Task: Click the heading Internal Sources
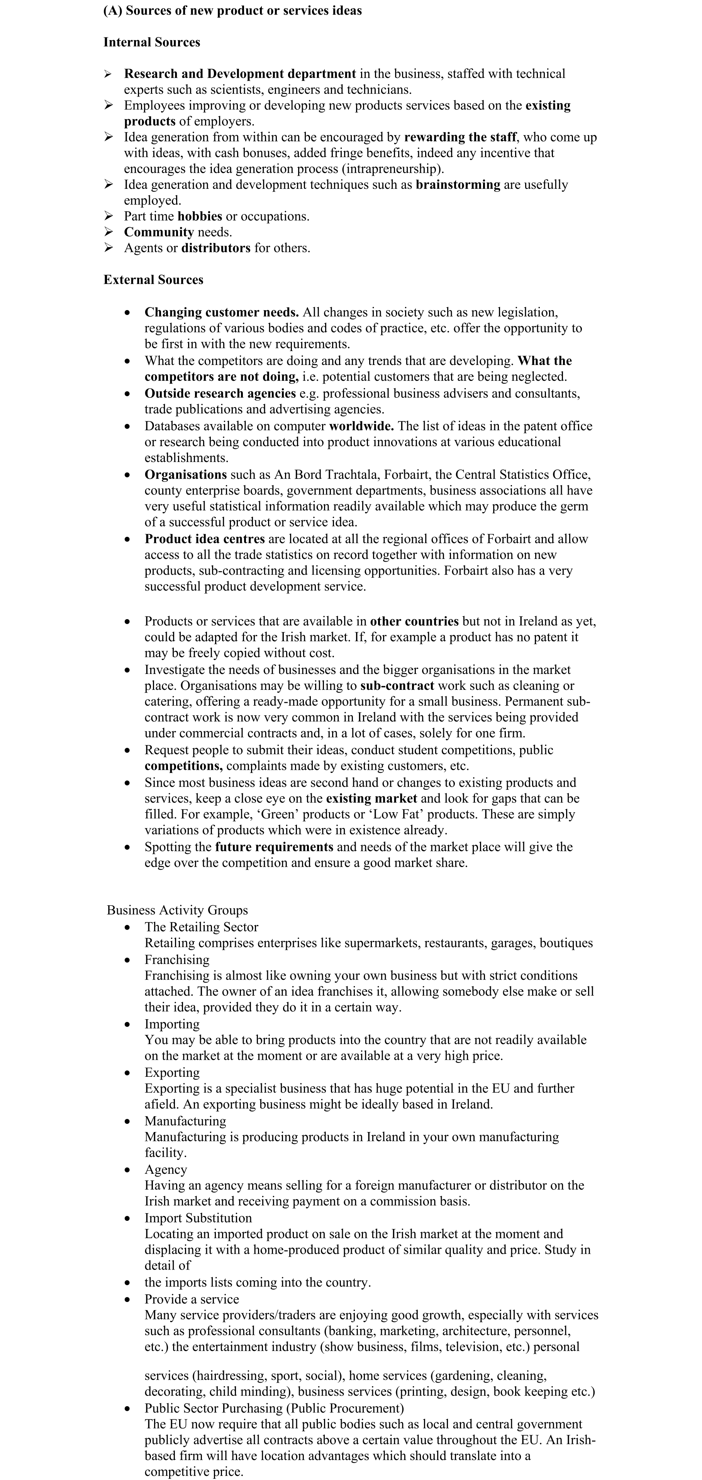point(152,42)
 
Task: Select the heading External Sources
point(153,280)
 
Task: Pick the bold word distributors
point(216,248)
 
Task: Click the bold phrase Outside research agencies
point(220,394)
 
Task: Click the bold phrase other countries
point(414,622)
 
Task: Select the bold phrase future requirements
point(274,847)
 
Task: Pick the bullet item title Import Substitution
point(198,1218)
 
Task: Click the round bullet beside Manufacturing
point(127,1122)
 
